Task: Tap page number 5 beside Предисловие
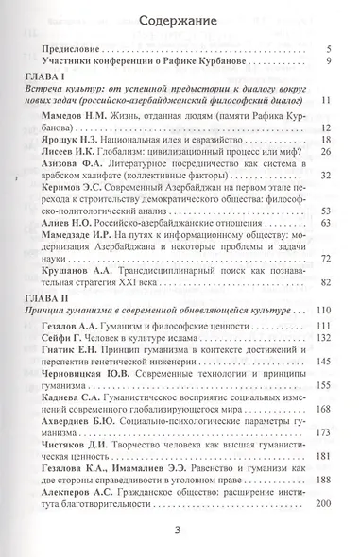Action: click(x=325, y=49)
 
